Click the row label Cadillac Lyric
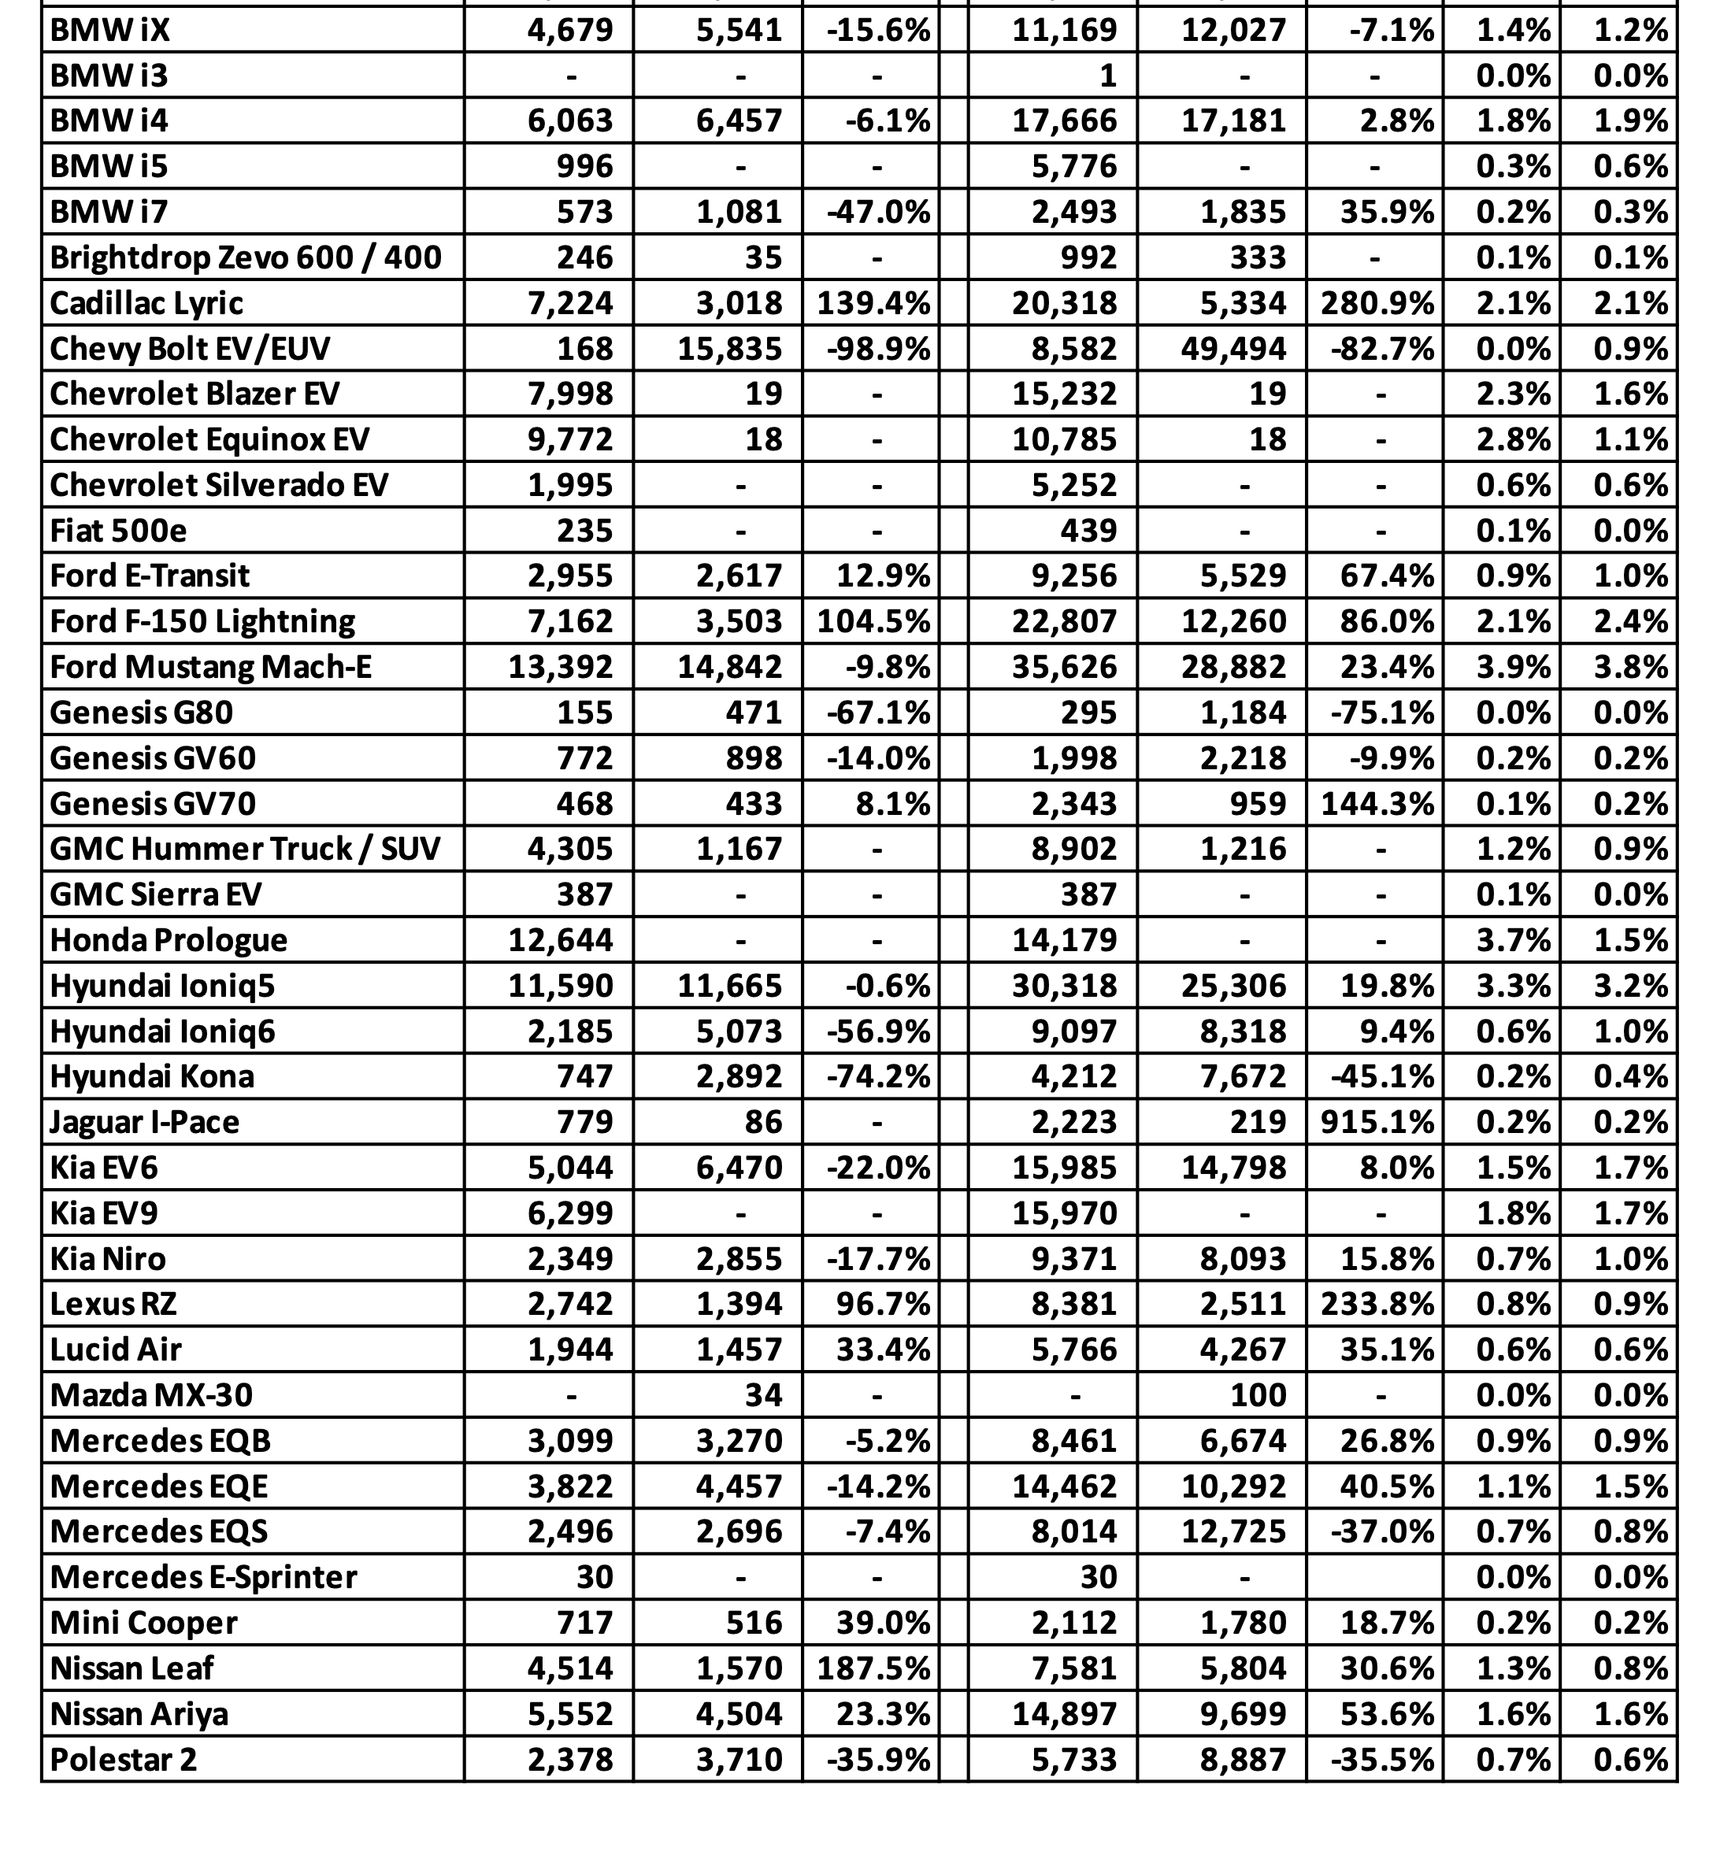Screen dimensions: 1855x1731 [146, 303]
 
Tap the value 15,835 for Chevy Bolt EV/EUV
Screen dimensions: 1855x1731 [730, 349]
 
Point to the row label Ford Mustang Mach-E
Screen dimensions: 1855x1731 [210, 667]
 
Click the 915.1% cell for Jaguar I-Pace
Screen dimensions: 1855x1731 [1377, 1122]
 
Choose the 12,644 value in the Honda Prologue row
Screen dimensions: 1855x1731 [561, 939]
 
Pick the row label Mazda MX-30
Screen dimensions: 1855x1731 [151, 1395]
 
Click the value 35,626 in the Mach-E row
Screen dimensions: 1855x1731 [1065, 667]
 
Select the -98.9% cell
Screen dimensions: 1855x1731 [878, 349]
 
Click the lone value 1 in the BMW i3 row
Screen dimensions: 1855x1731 [1107, 76]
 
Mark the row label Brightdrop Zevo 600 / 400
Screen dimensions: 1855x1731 [246, 257]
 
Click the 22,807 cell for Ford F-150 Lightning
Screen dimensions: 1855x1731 [1065, 621]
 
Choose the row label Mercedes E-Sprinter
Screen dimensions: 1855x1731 [203, 1577]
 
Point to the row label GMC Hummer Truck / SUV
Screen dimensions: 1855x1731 [244, 849]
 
